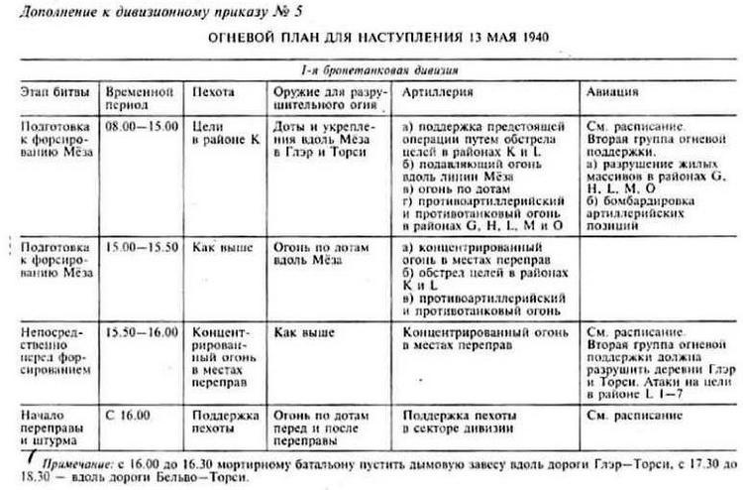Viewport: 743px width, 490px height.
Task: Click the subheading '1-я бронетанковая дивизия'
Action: pyautogui.click(x=371, y=72)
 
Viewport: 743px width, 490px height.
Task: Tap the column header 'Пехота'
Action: pyautogui.click(x=215, y=91)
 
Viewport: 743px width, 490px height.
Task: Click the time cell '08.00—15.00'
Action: pyautogui.click(x=142, y=128)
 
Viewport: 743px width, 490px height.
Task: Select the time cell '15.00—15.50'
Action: pyautogui.click(x=142, y=243)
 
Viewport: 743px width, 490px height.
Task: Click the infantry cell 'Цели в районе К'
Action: pyautogui.click(x=221, y=135)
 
